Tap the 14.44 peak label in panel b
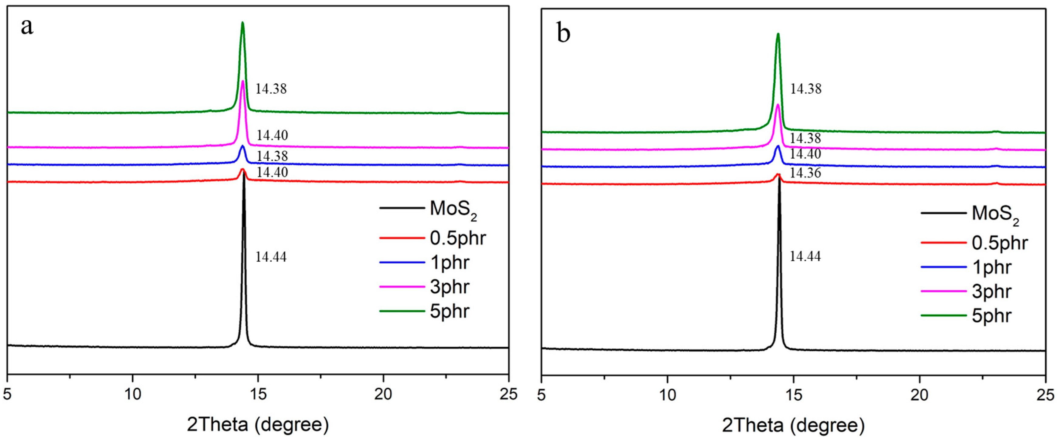pos(805,257)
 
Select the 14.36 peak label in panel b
pos(805,173)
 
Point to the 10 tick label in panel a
pos(133,394)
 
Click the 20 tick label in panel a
pos(383,394)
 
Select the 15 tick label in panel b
pos(793,395)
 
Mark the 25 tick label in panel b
pos(1045,395)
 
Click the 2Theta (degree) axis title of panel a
pos(258,425)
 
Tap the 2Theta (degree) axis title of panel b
pos(793,426)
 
